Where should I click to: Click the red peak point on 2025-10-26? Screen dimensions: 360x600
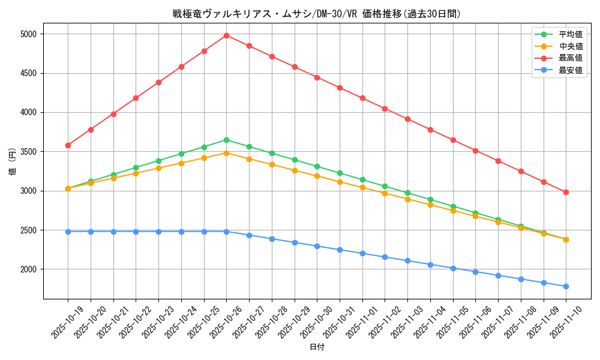click(226, 35)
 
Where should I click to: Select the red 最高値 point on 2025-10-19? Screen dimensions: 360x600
click(68, 145)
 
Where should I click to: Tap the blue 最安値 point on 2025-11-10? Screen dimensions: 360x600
click(566, 286)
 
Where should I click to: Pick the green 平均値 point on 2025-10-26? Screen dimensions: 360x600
click(226, 140)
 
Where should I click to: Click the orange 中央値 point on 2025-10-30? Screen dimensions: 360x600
click(317, 176)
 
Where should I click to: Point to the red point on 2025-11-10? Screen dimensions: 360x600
click(566, 192)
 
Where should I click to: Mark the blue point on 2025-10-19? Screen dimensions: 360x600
click(68, 232)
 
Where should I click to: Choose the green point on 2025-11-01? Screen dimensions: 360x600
click(362, 179)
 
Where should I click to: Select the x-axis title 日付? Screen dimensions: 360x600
click(317, 347)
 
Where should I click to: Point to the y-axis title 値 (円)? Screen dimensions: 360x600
click(13, 162)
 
